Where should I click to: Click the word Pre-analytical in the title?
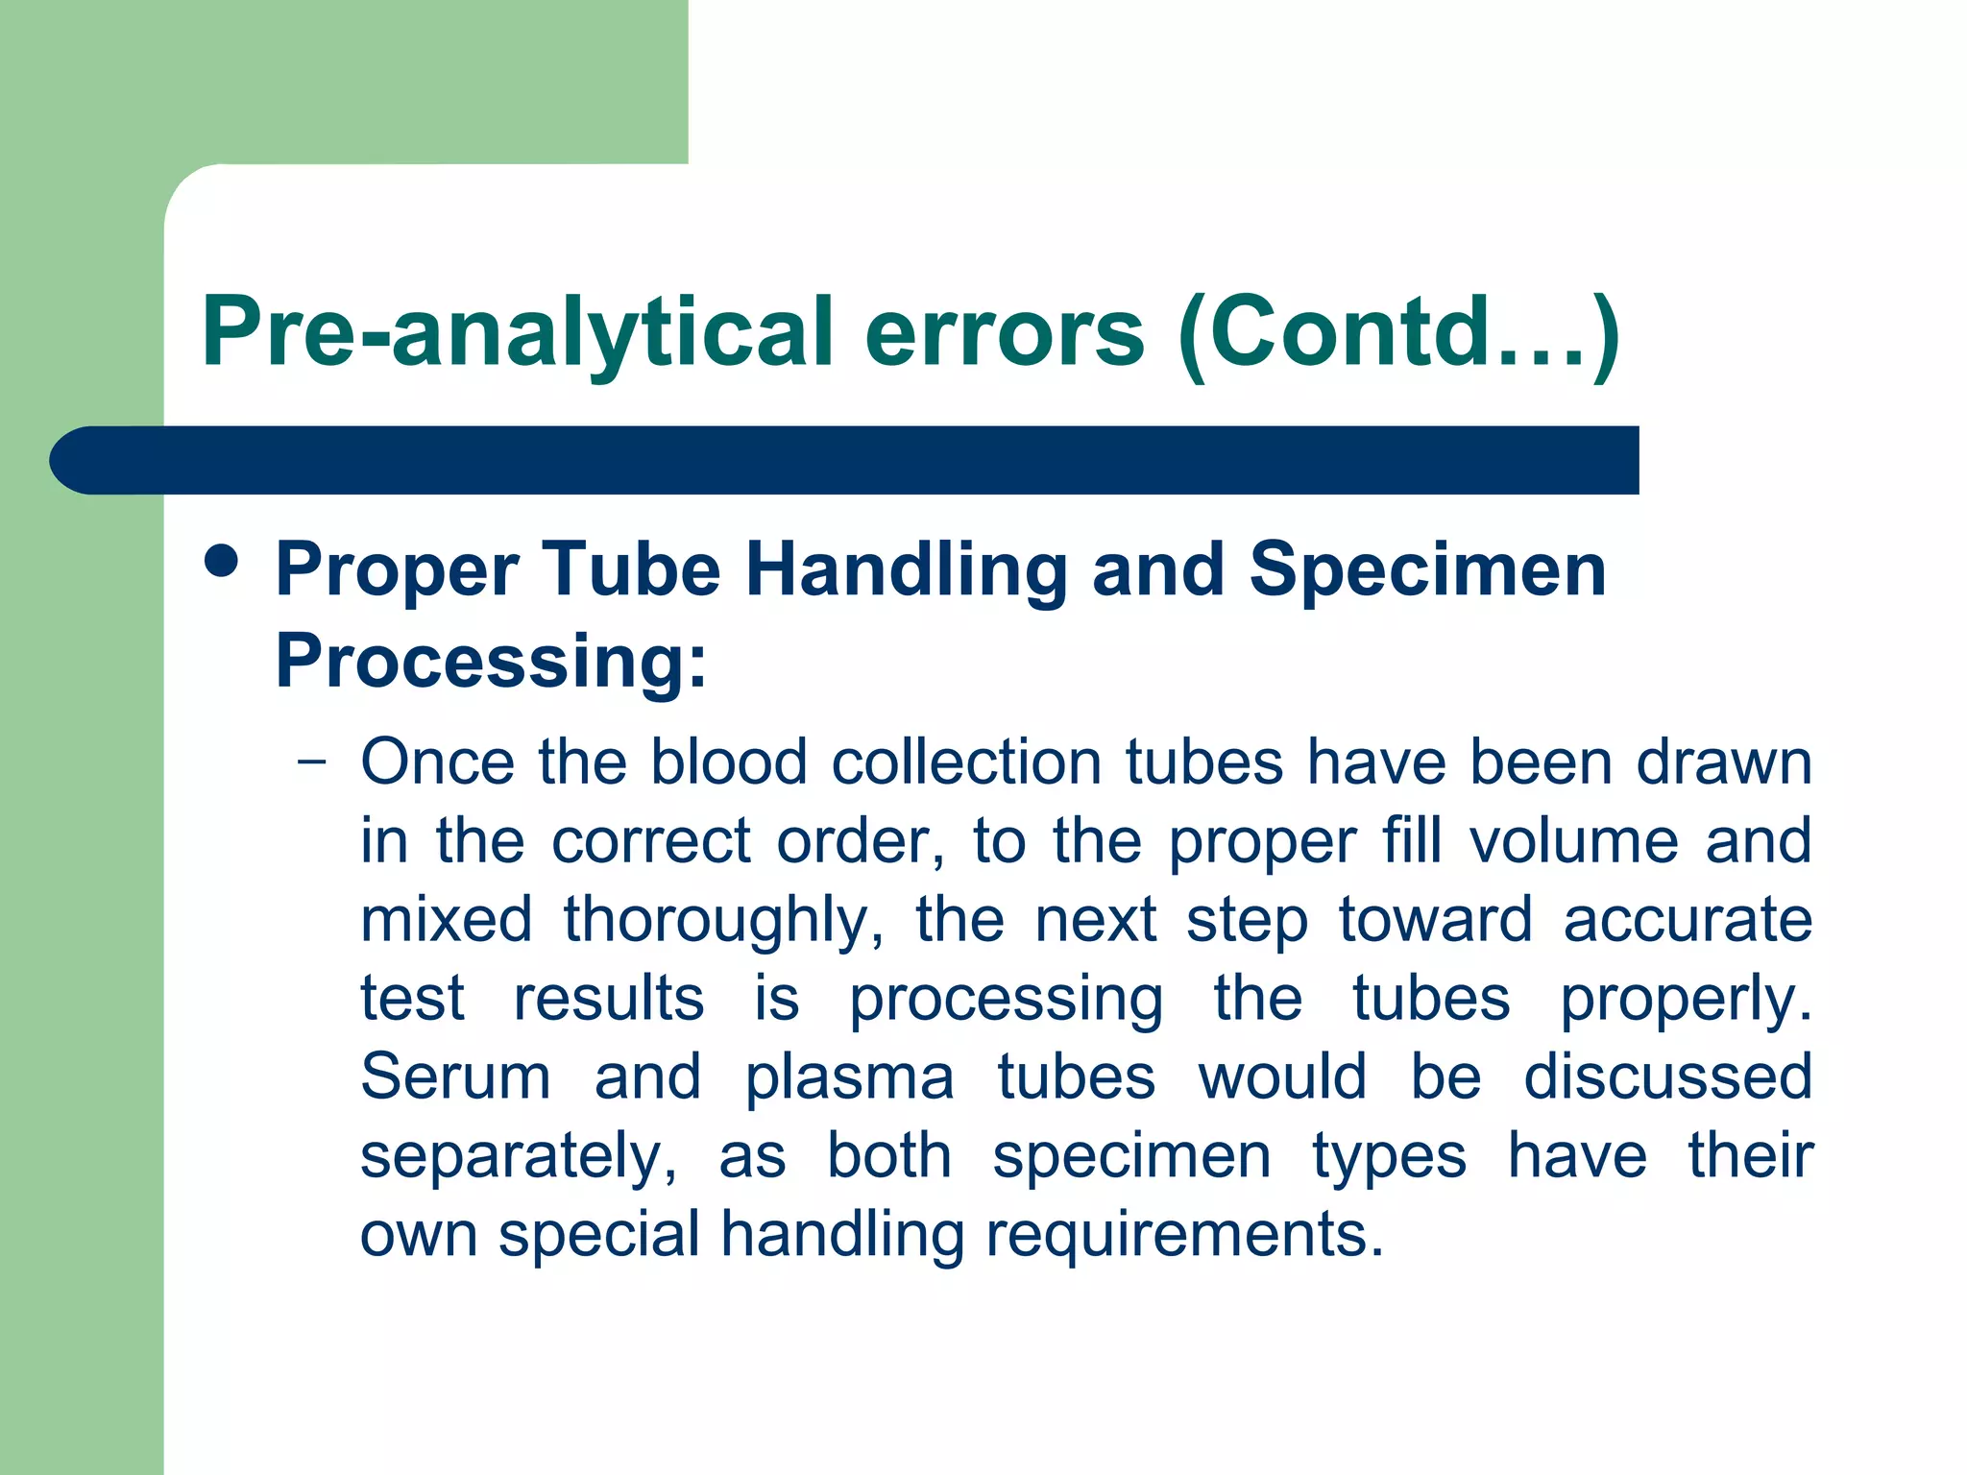(x=517, y=333)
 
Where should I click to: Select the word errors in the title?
(x=1005, y=333)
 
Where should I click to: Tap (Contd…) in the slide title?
(x=1398, y=333)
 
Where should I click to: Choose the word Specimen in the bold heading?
(x=1427, y=569)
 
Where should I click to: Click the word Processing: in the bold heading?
(x=491, y=662)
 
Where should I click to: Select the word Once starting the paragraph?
(x=438, y=763)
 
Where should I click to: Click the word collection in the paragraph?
(x=966, y=763)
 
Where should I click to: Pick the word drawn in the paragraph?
(x=1724, y=763)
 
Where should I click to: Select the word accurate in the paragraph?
(x=1688, y=921)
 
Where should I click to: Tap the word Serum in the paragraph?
(x=455, y=1077)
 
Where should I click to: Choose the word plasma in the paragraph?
(x=850, y=1077)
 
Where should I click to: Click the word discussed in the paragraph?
(x=1668, y=1077)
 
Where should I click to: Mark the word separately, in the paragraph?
(x=519, y=1156)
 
